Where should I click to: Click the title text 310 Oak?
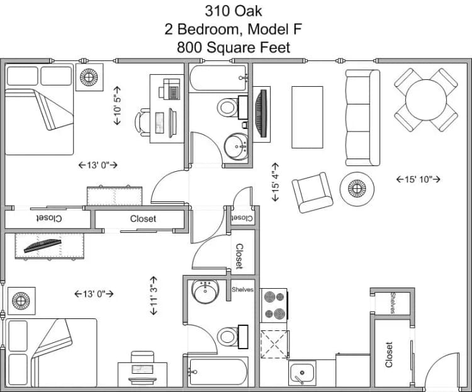pyautogui.click(x=233, y=11)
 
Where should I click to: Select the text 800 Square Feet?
pyautogui.click(x=233, y=47)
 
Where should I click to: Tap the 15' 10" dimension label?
pyautogui.click(x=418, y=179)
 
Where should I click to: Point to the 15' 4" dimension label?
pyautogui.click(x=275, y=186)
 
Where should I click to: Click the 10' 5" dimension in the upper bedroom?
pyautogui.click(x=117, y=105)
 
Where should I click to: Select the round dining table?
pyautogui.click(x=426, y=99)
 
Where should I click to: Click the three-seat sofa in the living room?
pyautogui.click(x=362, y=117)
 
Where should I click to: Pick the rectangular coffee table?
pyautogui.click(x=307, y=117)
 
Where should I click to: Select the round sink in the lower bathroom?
pyautogui.click(x=205, y=291)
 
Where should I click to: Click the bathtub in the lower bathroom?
pyautogui.click(x=220, y=374)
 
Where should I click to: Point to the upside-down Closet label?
pyautogui.click(x=48, y=218)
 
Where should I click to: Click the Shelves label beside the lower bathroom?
pyautogui.click(x=242, y=289)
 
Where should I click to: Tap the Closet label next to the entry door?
pyautogui.click(x=389, y=355)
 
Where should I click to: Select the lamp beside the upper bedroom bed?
pyautogui.click(x=87, y=77)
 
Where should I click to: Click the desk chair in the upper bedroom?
pyautogui.click(x=145, y=121)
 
